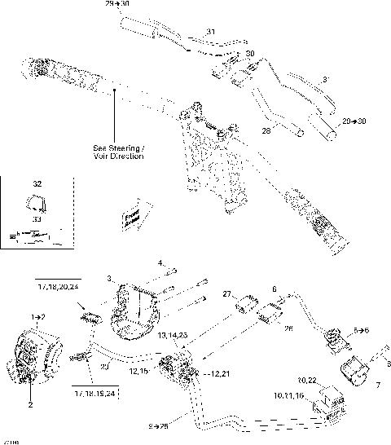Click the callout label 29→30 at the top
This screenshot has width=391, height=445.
[116, 4]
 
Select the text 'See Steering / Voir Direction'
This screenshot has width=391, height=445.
[118, 152]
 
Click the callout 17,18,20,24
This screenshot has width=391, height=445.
[59, 286]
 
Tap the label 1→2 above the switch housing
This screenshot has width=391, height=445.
[37, 315]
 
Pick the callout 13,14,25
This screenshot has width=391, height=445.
[173, 335]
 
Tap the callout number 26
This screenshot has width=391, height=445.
[288, 328]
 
